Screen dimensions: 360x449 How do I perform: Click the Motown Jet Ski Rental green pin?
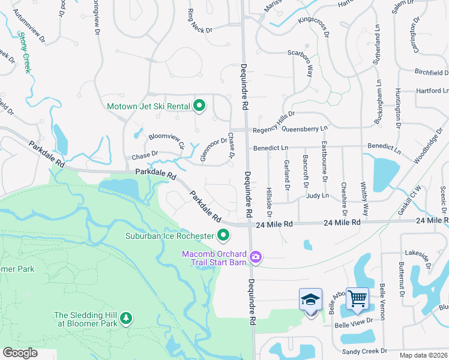pos(199,107)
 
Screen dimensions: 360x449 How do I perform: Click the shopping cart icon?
pos(357,298)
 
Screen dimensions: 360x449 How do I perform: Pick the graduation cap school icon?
pos(310,299)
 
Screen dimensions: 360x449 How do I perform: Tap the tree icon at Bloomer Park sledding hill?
pos(126,317)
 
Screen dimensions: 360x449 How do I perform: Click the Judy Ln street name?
pos(317,196)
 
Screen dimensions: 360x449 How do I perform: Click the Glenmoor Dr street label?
pos(214,145)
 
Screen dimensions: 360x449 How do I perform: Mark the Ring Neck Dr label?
pos(200,19)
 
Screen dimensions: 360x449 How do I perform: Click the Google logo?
pos(20,353)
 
